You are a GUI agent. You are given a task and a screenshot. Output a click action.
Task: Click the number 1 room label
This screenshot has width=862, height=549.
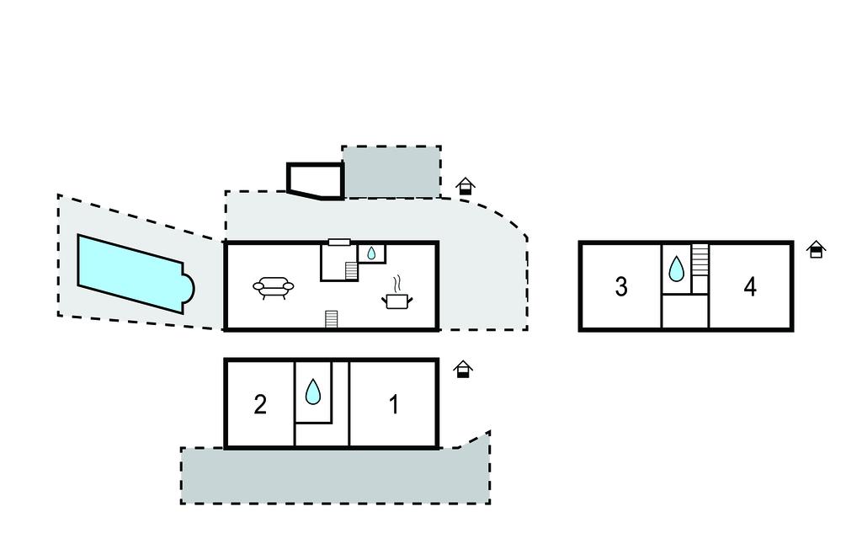(x=393, y=405)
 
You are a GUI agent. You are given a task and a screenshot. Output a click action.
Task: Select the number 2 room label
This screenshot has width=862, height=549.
(x=260, y=405)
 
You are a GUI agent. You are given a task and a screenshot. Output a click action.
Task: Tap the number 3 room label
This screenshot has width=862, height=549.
(x=621, y=287)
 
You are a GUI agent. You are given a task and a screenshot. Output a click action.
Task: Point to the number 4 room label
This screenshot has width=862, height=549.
(x=750, y=287)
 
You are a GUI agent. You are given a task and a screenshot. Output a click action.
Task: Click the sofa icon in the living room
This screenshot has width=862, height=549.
(x=274, y=288)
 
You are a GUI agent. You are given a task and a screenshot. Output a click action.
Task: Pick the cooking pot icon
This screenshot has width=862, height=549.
(x=396, y=300)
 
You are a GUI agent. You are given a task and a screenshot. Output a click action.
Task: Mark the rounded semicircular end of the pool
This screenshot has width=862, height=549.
(x=187, y=289)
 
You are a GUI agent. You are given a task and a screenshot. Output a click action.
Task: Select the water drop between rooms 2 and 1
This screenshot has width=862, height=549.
(x=313, y=392)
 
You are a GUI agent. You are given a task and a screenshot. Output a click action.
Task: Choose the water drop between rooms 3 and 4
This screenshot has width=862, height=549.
(x=676, y=269)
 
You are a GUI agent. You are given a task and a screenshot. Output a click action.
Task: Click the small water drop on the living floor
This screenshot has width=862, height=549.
(x=371, y=252)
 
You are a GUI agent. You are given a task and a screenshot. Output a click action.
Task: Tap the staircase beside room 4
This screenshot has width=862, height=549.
(x=700, y=257)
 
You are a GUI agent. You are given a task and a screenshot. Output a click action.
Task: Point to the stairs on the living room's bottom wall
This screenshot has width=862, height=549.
(x=332, y=319)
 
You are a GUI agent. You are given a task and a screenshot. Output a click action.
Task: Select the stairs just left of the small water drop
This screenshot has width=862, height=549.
(x=351, y=270)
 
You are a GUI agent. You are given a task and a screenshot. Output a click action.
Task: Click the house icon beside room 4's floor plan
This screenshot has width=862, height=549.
(x=816, y=249)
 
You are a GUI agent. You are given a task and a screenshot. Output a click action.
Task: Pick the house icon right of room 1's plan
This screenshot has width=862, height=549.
(x=463, y=369)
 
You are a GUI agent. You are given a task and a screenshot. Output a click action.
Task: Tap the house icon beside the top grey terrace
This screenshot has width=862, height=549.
(x=466, y=186)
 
